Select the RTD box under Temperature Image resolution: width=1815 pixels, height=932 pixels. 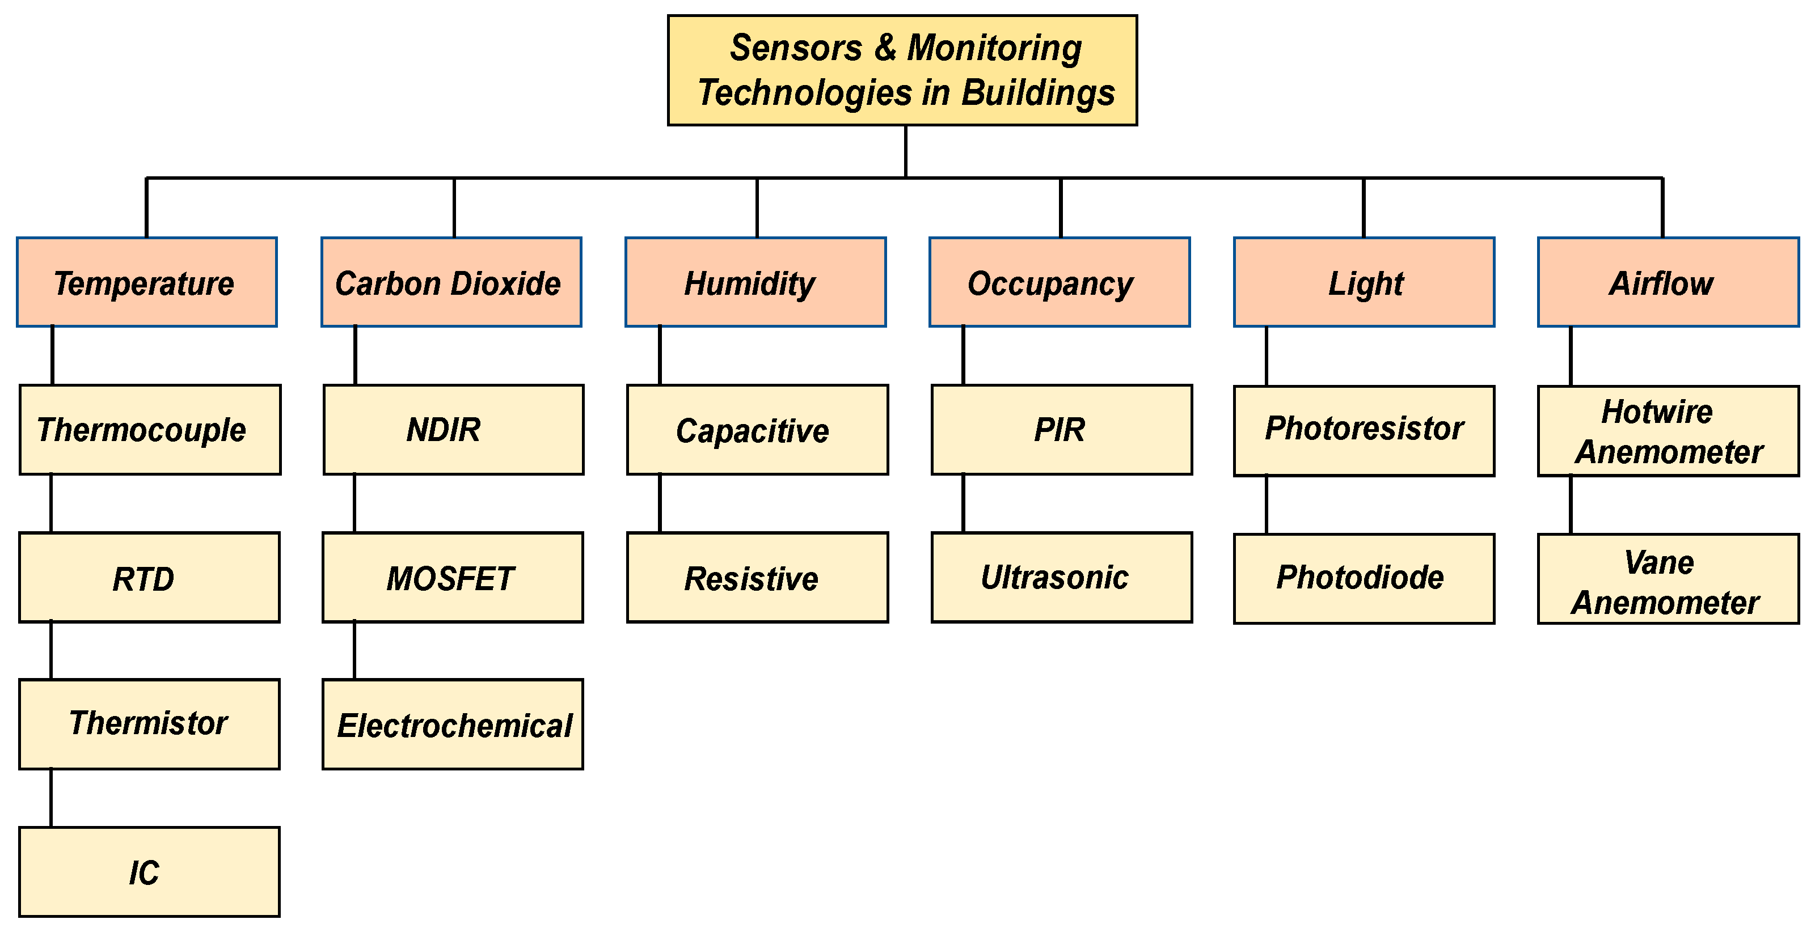(149, 578)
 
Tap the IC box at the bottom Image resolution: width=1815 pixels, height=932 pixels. (149, 872)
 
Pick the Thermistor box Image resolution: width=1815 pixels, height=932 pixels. (149, 724)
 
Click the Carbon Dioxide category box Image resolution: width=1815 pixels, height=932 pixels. (451, 282)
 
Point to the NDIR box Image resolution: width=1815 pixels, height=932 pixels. (453, 430)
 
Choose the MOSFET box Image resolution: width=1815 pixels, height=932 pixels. (453, 578)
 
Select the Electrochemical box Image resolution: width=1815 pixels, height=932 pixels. (453, 725)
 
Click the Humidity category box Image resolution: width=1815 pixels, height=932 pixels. (755, 282)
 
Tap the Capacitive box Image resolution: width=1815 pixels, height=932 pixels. (757, 430)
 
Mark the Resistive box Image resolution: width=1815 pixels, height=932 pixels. (757, 578)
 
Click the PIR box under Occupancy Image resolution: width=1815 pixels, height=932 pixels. (1062, 430)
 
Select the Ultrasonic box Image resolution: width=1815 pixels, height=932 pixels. (1062, 578)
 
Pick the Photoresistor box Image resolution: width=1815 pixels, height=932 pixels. (1364, 430)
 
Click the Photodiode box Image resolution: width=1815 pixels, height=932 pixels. (1364, 578)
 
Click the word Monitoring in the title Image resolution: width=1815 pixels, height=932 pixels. (994, 48)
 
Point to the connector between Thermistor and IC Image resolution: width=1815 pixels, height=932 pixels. (52, 798)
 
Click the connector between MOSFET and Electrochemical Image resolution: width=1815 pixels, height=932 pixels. (354, 650)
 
